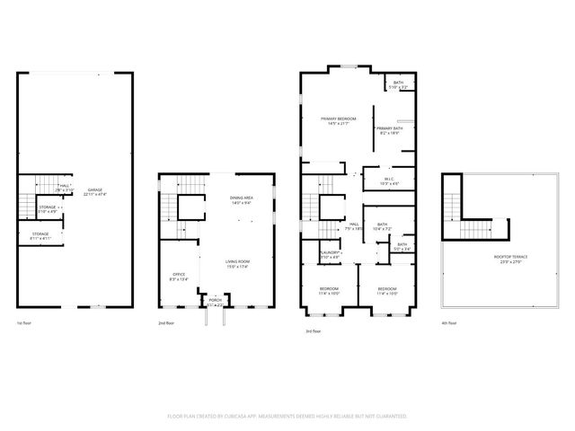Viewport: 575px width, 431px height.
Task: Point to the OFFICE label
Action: click(178, 276)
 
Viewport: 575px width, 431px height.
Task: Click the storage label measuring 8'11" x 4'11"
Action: click(40, 236)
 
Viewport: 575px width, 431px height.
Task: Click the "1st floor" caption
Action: click(25, 322)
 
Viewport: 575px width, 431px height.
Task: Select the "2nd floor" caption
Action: click(167, 322)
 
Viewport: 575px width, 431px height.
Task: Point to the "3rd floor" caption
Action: click(312, 331)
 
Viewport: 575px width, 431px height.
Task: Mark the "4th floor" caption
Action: click(449, 322)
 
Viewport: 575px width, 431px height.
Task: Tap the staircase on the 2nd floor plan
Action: click(169, 209)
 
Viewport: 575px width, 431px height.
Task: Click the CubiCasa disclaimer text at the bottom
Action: click(287, 417)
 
